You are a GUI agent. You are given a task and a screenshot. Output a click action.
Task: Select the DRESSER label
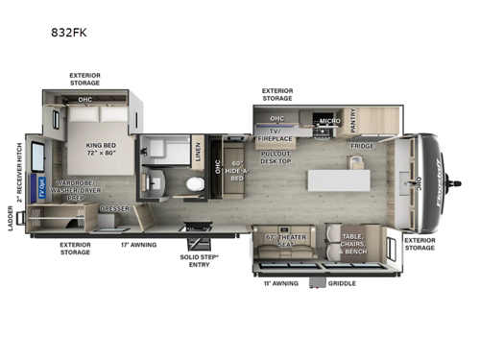tap(114, 207)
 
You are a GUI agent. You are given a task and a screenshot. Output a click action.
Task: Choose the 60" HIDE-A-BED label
tap(235, 177)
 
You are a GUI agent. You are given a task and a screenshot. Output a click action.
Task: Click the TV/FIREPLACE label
tap(280, 138)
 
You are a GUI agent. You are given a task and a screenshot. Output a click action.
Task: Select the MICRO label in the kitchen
tap(329, 122)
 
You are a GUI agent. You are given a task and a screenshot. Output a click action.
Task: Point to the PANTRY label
tap(353, 120)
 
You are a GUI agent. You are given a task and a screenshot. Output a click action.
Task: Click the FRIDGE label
tap(362, 146)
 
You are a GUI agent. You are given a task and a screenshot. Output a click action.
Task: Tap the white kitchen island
tap(335, 180)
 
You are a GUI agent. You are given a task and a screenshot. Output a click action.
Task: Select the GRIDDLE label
tap(342, 283)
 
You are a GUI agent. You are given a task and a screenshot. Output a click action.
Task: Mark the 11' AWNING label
tap(280, 283)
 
